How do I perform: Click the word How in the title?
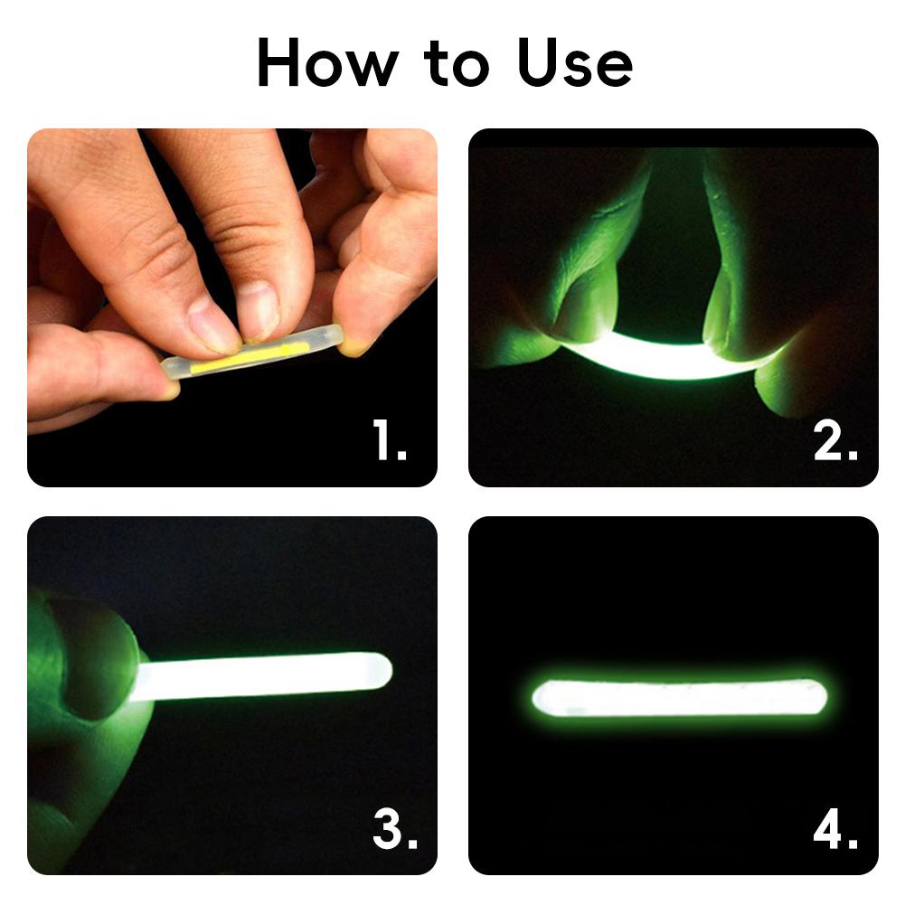tap(327, 63)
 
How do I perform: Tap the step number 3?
tap(394, 828)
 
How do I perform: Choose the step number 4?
tap(834, 828)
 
